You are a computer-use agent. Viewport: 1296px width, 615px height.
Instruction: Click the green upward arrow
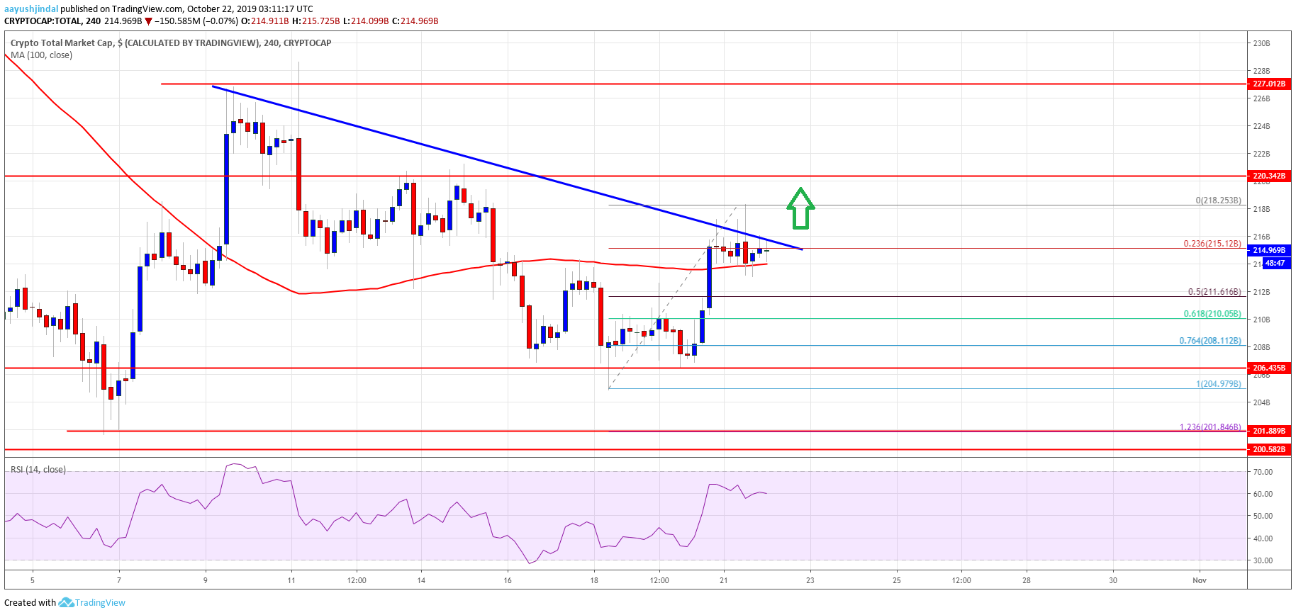tap(800, 208)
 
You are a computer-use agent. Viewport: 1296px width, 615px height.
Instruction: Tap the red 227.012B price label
tap(1268, 84)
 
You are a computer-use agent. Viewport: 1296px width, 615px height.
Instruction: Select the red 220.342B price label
tap(1268, 176)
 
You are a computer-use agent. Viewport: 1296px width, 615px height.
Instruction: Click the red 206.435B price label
tap(1268, 368)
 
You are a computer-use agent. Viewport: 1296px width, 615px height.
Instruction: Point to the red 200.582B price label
tap(1268, 449)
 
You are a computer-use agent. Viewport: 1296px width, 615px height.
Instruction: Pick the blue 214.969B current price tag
tap(1268, 250)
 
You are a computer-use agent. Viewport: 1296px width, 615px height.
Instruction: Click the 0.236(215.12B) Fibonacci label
tap(1212, 244)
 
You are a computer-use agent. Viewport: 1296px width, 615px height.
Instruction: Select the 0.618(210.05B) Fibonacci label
tap(1212, 314)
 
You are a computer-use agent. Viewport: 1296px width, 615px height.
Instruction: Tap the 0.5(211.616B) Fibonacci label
tap(1214, 292)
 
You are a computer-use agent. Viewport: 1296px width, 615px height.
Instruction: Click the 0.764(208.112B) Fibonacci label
tap(1210, 341)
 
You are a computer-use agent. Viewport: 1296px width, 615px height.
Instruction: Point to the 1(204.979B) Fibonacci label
tap(1219, 384)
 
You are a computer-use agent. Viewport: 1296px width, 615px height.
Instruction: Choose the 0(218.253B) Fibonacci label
tap(1219, 201)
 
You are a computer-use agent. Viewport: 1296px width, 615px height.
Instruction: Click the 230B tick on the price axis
tap(1261, 43)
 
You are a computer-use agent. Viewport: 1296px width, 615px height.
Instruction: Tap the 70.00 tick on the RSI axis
tap(1263, 472)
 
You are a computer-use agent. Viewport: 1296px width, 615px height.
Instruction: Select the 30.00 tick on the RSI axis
tap(1263, 560)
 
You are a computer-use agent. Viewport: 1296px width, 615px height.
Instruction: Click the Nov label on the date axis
tap(1199, 580)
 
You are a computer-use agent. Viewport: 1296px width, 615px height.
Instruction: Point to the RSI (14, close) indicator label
tap(38, 470)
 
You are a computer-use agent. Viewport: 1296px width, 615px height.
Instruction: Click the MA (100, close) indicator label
tap(41, 55)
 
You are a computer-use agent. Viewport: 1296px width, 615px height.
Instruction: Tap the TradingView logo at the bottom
tap(92, 603)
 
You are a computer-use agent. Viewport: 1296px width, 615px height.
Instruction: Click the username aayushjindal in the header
tap(31, 9)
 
